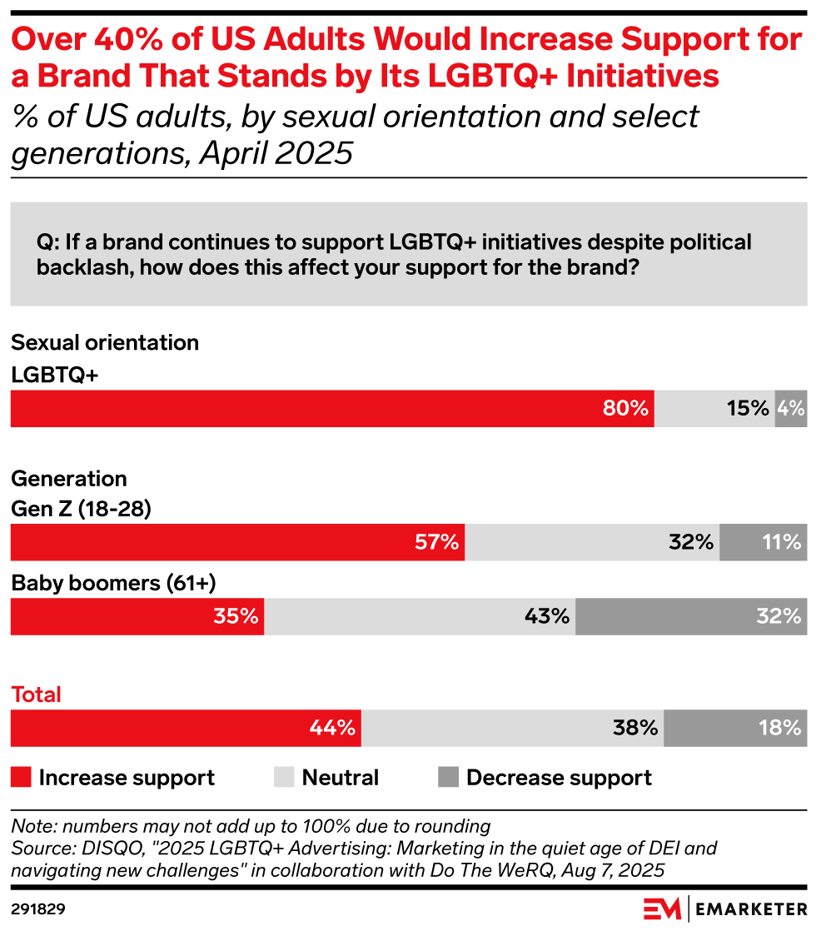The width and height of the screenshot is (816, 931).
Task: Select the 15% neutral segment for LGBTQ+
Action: click(714, 409)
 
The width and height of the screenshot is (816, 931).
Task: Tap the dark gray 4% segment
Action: click(790, 409)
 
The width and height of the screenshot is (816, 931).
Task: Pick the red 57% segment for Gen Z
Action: click(237, 542)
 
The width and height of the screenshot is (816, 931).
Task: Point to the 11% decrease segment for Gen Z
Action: click(763, 542)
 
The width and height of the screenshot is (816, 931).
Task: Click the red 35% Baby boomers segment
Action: click(137, 617)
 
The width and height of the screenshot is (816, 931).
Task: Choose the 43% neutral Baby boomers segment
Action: click(420, 617)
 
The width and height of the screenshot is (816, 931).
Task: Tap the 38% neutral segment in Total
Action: click(512, 728)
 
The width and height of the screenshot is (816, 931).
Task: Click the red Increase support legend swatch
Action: click(22, 778)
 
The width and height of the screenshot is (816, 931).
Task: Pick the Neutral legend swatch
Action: click(284, 778)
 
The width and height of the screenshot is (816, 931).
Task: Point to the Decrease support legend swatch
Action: click(448, 778)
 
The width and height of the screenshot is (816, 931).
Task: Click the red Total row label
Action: click(37, 695)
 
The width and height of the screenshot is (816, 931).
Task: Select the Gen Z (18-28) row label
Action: click(81, 509)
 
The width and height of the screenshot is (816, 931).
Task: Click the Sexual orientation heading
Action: click(105, 342)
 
